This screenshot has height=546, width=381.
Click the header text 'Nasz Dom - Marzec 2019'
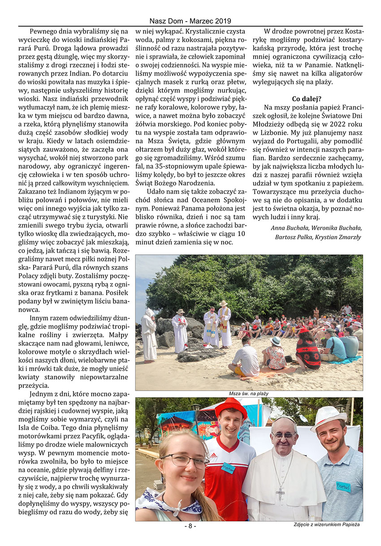pyautogui.click(x=190, y=21)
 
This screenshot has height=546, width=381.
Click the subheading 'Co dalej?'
pyautogui.click(x=307, y=99)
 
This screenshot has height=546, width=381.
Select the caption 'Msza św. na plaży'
pyautogui.click(x=249, y=393)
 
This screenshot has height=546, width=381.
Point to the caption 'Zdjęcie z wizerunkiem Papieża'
pyautogui.click(x=326, y=524)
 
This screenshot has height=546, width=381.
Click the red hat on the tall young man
pyautogui.click(x=230, y=407)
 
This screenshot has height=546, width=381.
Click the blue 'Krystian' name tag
pyautogui.click(x=228, y=468)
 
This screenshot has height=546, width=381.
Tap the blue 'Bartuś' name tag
pyautogui.click(x=343, y=486)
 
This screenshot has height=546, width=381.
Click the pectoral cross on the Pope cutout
pyautogui.click(x=280, y=493)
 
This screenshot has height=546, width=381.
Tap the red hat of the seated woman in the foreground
pyautogui.click(x=304, y=330)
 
